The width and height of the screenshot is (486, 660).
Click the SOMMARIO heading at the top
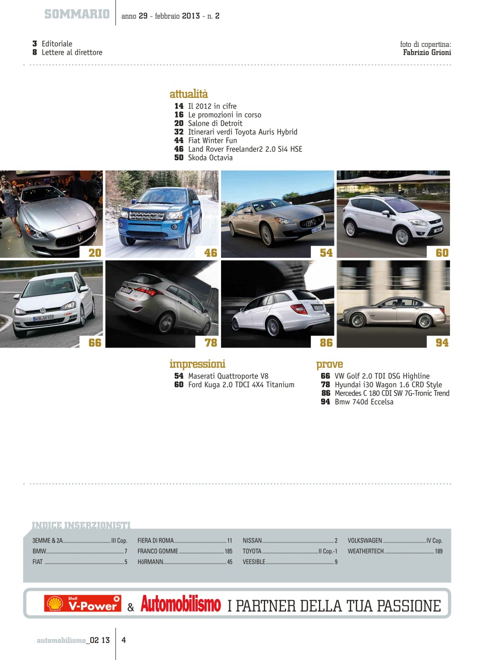pos(77,14)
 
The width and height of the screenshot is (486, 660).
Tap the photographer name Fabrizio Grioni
pos(427,53)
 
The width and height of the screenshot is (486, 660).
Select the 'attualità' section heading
pos(189,94)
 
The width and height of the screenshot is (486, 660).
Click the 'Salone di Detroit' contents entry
pos(215,124)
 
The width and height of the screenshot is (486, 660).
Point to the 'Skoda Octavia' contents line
pos(210,158)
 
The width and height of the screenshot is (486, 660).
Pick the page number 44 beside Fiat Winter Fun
pos(179,141)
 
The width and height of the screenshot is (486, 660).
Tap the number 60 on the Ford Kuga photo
pos(442,253)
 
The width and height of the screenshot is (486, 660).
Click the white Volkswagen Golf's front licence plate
pos(43,318)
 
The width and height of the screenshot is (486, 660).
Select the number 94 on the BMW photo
pos(442,342)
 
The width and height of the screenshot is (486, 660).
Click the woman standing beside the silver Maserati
pos(10,204)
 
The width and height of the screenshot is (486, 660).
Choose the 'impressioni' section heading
pos(197,365)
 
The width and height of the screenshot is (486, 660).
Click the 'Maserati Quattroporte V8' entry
pos(228,376)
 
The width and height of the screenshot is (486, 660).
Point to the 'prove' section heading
pos(329,365)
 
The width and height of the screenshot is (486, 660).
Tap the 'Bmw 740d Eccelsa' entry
pos(364,402)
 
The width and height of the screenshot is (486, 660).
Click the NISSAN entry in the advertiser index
pos(253,541)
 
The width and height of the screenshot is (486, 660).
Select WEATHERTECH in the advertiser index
pos(366,551)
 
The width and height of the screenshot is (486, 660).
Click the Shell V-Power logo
pos(83,604)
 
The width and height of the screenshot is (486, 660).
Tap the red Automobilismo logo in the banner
pos(180,604)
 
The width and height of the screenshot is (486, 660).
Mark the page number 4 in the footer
pos(124,640)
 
